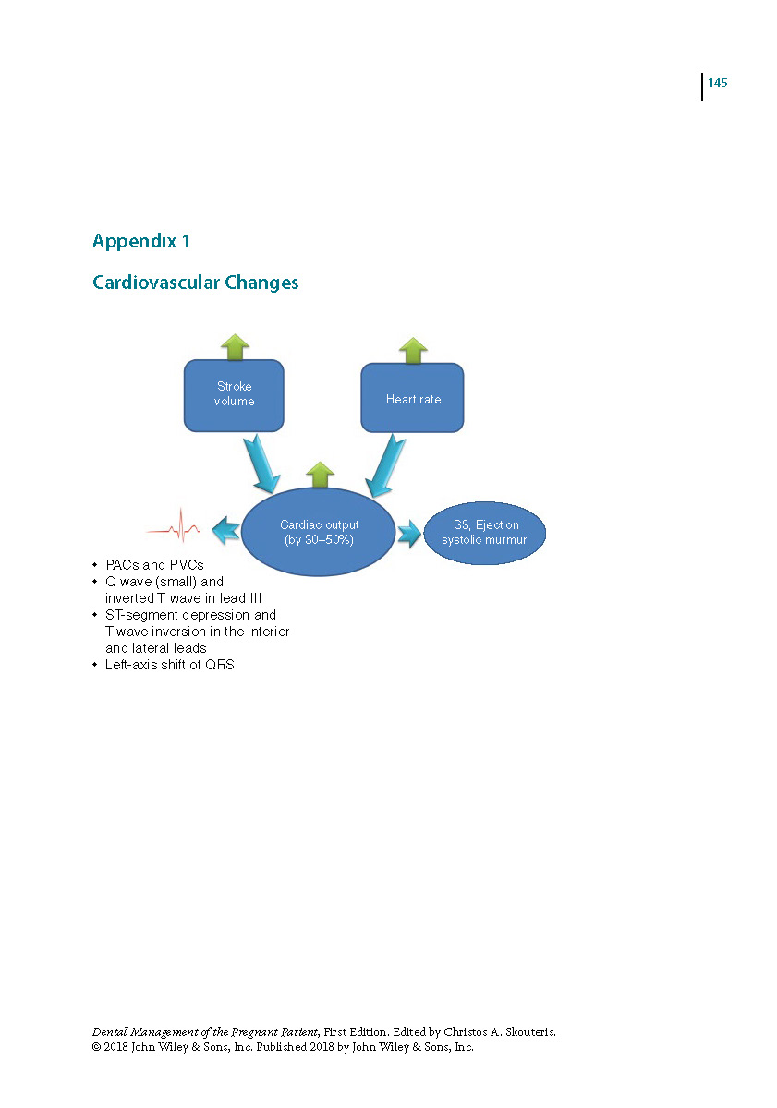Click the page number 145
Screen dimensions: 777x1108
(x=717, y=82)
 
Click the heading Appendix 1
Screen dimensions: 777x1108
(x=141, y=241)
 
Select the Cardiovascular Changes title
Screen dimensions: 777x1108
(x=196, y=283)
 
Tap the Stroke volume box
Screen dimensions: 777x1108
(x=234, y=395)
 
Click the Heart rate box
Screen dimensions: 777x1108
(x=412, y=398)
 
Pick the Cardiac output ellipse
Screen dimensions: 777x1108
(x=318, y=532)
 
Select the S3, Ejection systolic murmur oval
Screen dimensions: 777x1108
(x=484, y=533)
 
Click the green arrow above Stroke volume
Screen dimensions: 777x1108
(x=235, y=347)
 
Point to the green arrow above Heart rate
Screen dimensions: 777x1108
(x=413, y=351)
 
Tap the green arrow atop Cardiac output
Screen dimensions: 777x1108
(x=321, y=475)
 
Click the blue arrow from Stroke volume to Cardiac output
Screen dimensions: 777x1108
(x=261, y=464)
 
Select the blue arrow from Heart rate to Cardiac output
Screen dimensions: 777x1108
(x=385, y=465)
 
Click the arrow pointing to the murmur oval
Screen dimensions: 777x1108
(x=408, y=534)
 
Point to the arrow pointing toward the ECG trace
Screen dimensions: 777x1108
(x=226, y=530)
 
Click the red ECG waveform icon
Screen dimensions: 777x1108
(x=173, y=524)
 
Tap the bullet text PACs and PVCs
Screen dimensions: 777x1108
(x=154, y=565)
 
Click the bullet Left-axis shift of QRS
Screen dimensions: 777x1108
(x=169, y=665)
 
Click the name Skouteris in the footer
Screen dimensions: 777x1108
(x=530, y=1032)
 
